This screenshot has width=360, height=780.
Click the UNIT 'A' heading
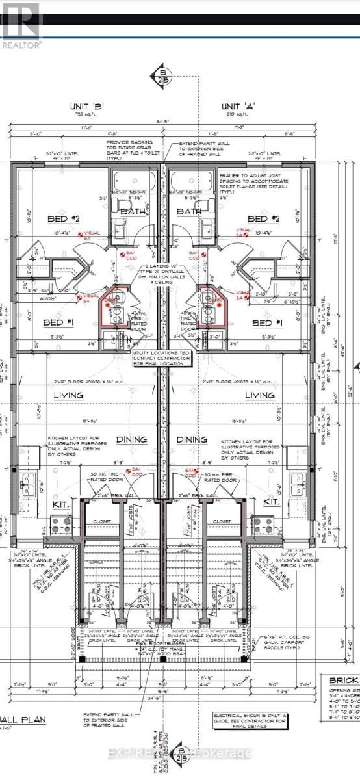pos(237,106)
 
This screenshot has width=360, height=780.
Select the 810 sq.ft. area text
pos(237,115)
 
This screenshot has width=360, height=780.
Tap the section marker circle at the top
pos(161,75)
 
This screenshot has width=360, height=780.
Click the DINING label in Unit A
pos(192,440)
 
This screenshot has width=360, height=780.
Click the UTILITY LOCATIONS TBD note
pos(162,357)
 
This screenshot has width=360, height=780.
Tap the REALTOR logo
pos(21,26)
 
